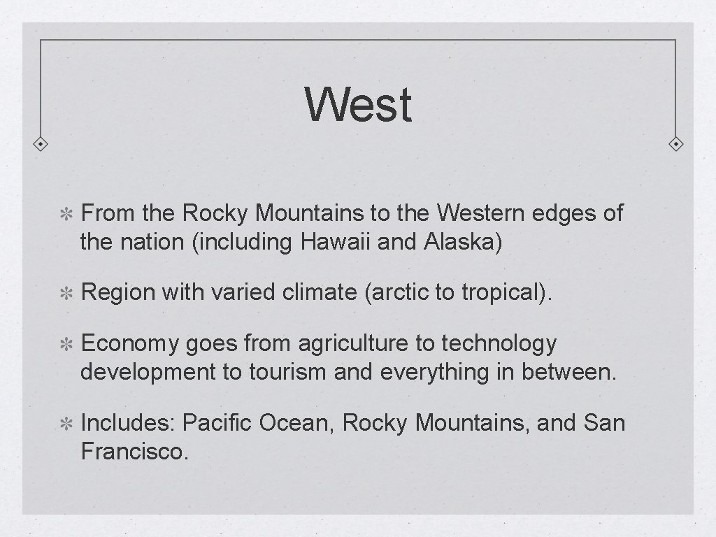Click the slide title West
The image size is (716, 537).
pos(358,105)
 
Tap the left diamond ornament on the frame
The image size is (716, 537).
pos(41,145)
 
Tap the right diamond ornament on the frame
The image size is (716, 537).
pos(676,145)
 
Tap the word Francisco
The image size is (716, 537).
pos(134,452)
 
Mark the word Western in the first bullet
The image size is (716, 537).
pos(482,213)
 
